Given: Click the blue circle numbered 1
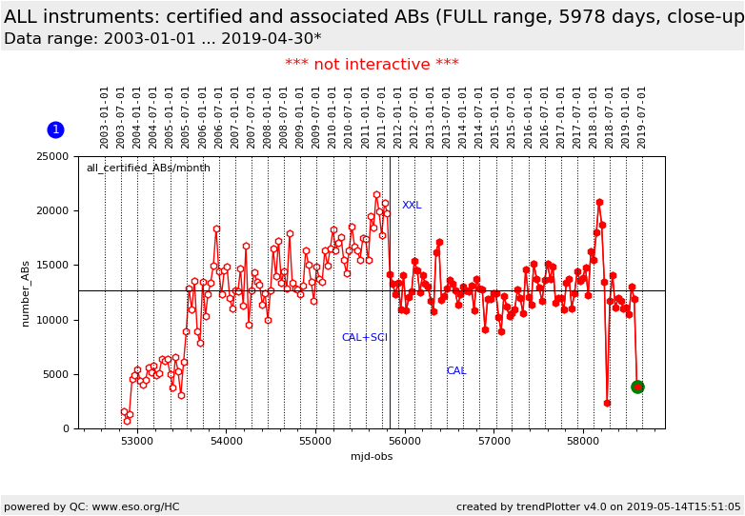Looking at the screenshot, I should click(x=55, y=129).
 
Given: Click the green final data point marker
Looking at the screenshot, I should click(x=637, y=387).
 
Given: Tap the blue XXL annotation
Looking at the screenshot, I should click(x=412, y=206).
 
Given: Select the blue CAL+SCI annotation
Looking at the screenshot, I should click(x=364, y=338).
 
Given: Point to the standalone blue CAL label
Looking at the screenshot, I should click(x=456, y=371).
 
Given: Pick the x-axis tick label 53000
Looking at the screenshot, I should click(x=137, y=442).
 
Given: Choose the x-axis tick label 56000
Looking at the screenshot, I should click(x=405, y=442).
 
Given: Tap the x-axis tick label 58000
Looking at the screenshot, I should click(x=583, y=442).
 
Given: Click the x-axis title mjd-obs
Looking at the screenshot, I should click(x=372, y=457).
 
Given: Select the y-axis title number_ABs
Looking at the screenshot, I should click(x=26, y=292).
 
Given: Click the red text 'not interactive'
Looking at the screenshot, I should click(x=372, y=65).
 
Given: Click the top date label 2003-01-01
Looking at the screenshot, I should click(x=105, y=116).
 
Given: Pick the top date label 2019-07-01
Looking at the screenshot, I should click(x=642, y=116).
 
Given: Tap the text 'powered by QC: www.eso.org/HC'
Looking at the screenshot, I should click(x=91, y=507).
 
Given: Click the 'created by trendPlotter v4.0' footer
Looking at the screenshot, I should click(x=598, y=507).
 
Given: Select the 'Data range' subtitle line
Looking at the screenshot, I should click(x=162, y=39).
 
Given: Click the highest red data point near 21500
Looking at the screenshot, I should click(x=376, y=195).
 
